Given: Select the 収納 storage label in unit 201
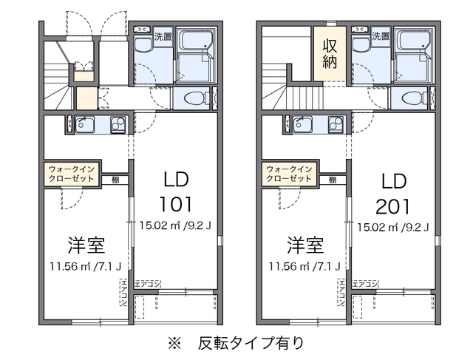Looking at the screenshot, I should (330, 53).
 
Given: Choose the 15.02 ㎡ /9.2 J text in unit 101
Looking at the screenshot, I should (176, 226).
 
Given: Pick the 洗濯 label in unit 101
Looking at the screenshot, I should (163, 35).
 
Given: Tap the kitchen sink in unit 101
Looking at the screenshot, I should (84, 124).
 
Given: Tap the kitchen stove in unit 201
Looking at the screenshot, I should (338, 124).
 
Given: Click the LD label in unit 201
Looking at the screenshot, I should (395, 180).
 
